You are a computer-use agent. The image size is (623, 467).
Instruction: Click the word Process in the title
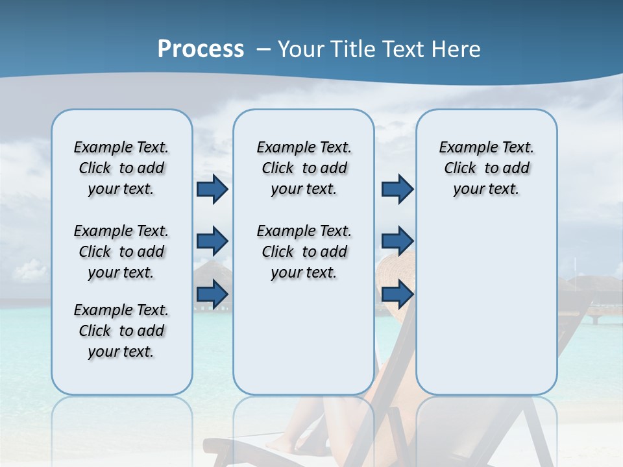point(201,49)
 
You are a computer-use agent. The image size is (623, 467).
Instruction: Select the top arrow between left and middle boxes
point(212,189)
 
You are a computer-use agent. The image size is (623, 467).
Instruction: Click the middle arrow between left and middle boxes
point(212,241)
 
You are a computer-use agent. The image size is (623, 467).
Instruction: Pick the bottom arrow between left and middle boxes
point(212,294)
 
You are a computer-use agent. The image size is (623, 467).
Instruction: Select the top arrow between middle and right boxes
point(397,189)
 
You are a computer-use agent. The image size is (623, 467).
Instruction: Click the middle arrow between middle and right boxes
point(397,241)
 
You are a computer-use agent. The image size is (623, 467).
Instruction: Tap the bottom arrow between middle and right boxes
point(397,294)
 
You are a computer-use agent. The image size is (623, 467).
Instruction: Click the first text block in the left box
point(121,168)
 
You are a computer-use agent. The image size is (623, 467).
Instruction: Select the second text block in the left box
point(121,252)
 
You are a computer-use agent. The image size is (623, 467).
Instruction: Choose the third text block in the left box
point(121,331)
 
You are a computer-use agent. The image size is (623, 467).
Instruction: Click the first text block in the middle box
point(304,168)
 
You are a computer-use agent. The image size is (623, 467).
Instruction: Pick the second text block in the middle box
point(304,252)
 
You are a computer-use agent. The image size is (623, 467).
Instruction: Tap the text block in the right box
point(486,168)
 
